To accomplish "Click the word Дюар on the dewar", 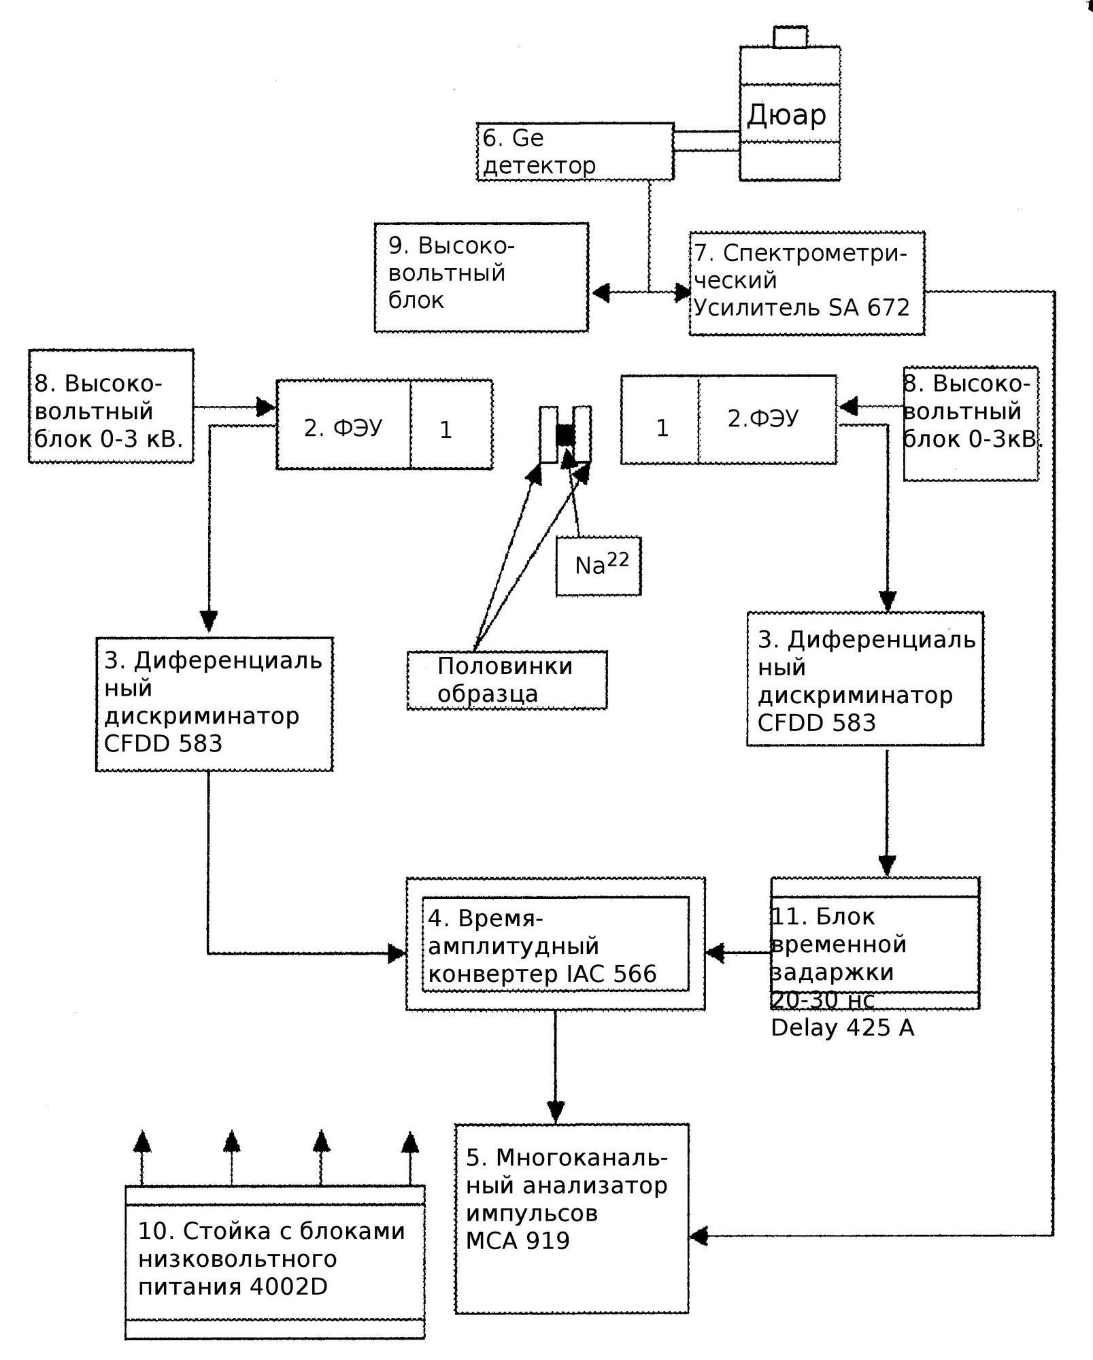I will click(787, 114).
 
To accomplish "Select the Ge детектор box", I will click(575, 151).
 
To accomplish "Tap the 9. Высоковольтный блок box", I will click(481, 277).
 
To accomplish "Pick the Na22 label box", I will click(599, 566).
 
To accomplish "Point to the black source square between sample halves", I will click(565, 435).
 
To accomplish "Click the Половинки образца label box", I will click(507, 680).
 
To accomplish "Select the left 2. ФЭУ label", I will click(343, 428).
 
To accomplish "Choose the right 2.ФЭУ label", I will click(763, 418).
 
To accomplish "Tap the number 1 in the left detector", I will click(445, 430).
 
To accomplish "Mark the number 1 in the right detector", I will click(662, 428).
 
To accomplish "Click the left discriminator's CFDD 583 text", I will click(163, 744).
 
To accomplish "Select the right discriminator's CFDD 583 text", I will click(816, 723).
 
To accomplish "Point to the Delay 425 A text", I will click(842, 1027).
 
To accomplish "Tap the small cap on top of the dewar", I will click(790, 37).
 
